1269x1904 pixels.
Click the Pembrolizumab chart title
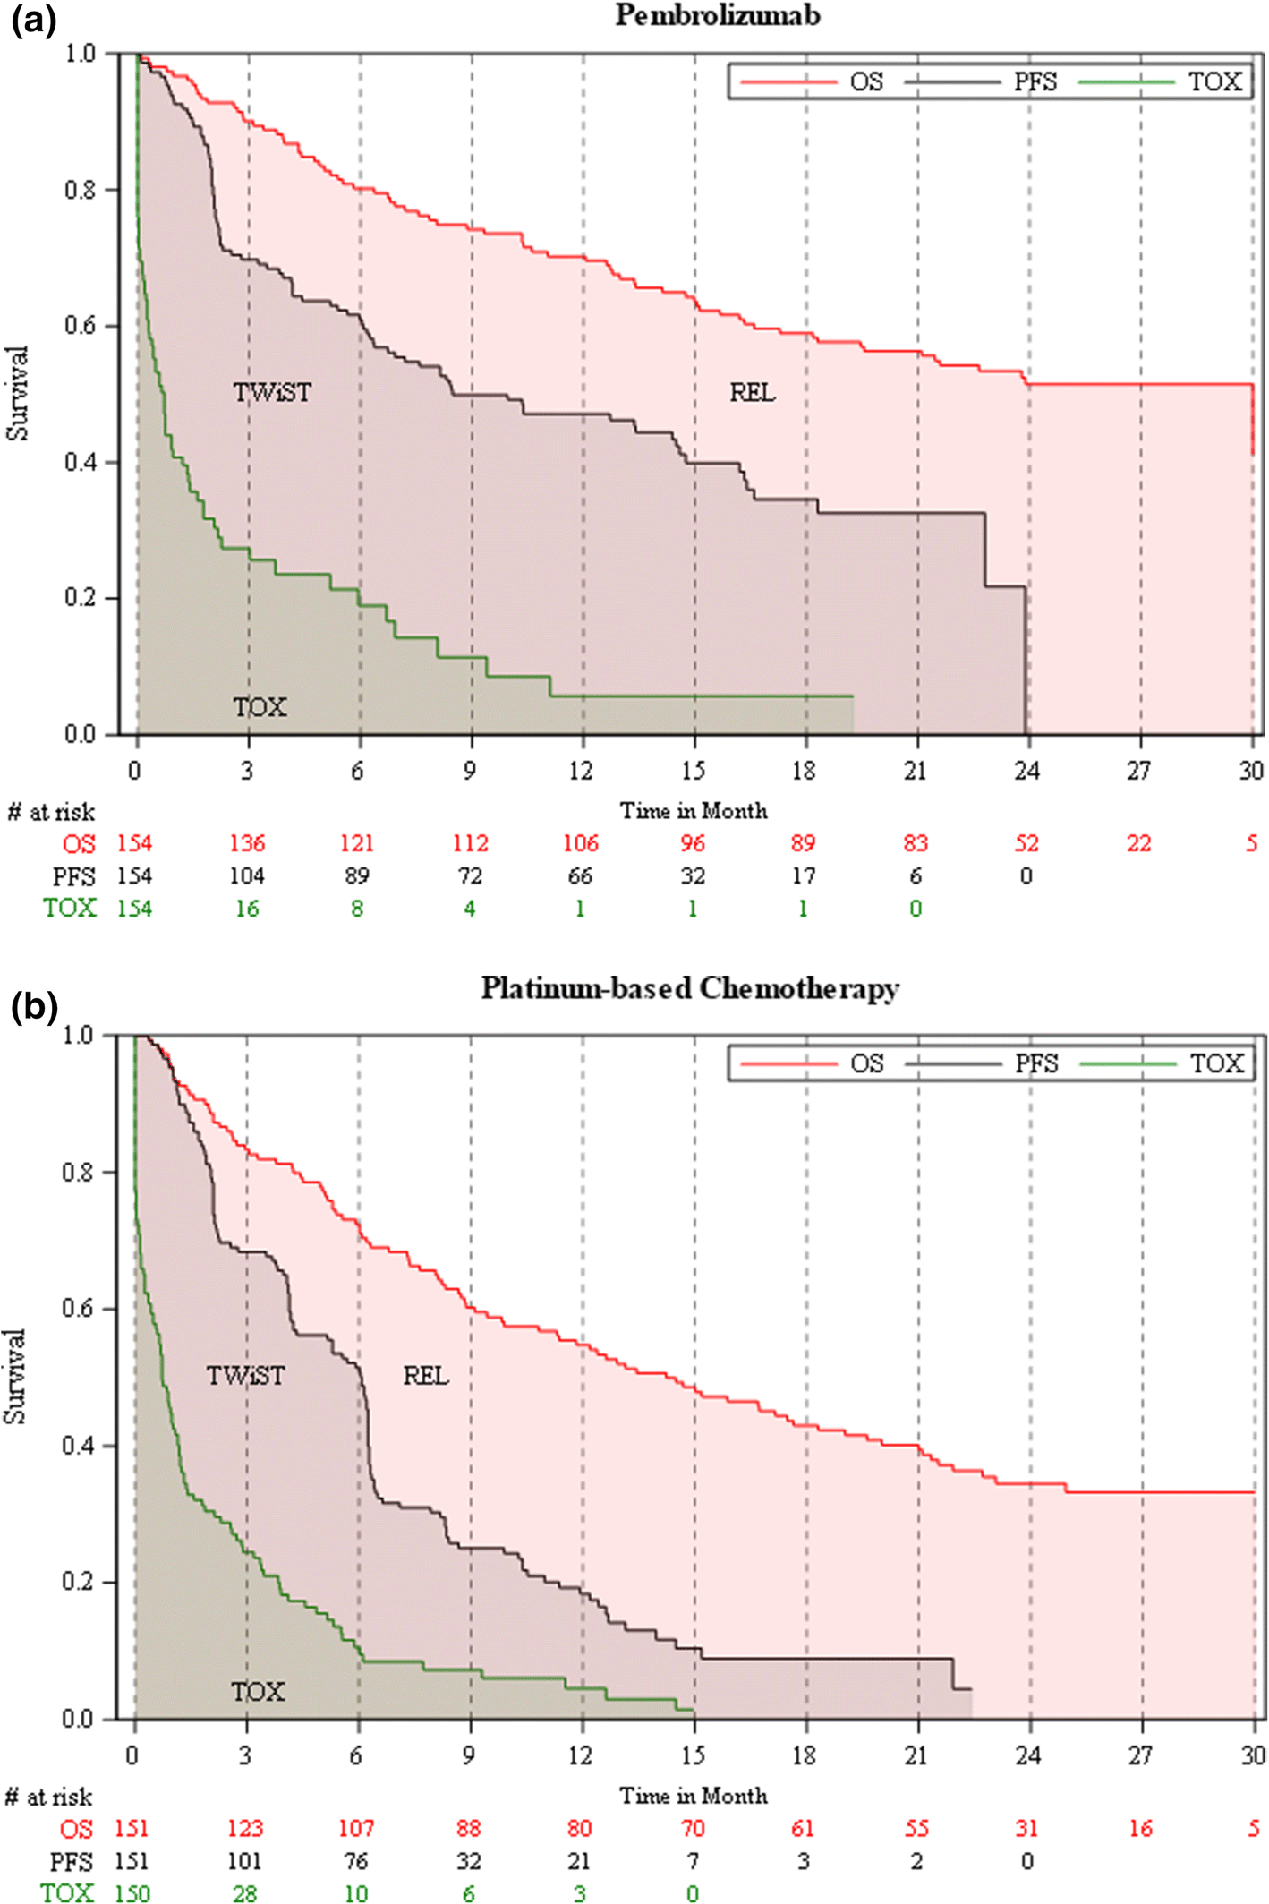coord(717,15)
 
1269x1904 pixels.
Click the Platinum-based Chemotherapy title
coord(689,988)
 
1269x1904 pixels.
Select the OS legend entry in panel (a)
coord(864,81)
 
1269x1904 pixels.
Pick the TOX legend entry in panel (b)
coord(1215,1063)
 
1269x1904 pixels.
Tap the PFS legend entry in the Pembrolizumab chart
coord(1034,81)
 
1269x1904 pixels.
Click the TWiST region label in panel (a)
coord(272,392)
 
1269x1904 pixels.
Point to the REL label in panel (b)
coord(425,1375)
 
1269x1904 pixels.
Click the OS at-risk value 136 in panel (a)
coord(246,843)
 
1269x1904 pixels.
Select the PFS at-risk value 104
coord(246,875)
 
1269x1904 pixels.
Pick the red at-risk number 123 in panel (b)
coord(244,1828)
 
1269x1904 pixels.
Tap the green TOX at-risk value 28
coord(244,1892)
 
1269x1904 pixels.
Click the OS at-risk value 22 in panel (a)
coord(1138,843)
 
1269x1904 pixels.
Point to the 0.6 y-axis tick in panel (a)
coord(79,326)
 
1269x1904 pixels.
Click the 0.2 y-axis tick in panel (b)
coord(77,1582)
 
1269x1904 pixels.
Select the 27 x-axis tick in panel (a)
coord(1138,771)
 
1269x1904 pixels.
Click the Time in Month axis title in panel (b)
coord(694,1796)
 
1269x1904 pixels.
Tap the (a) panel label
coord(33,21)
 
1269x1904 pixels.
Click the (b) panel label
coord(34,1006)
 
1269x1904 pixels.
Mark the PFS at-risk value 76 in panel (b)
coord(356,1861)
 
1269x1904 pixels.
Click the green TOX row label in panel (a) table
coord(70,908)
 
